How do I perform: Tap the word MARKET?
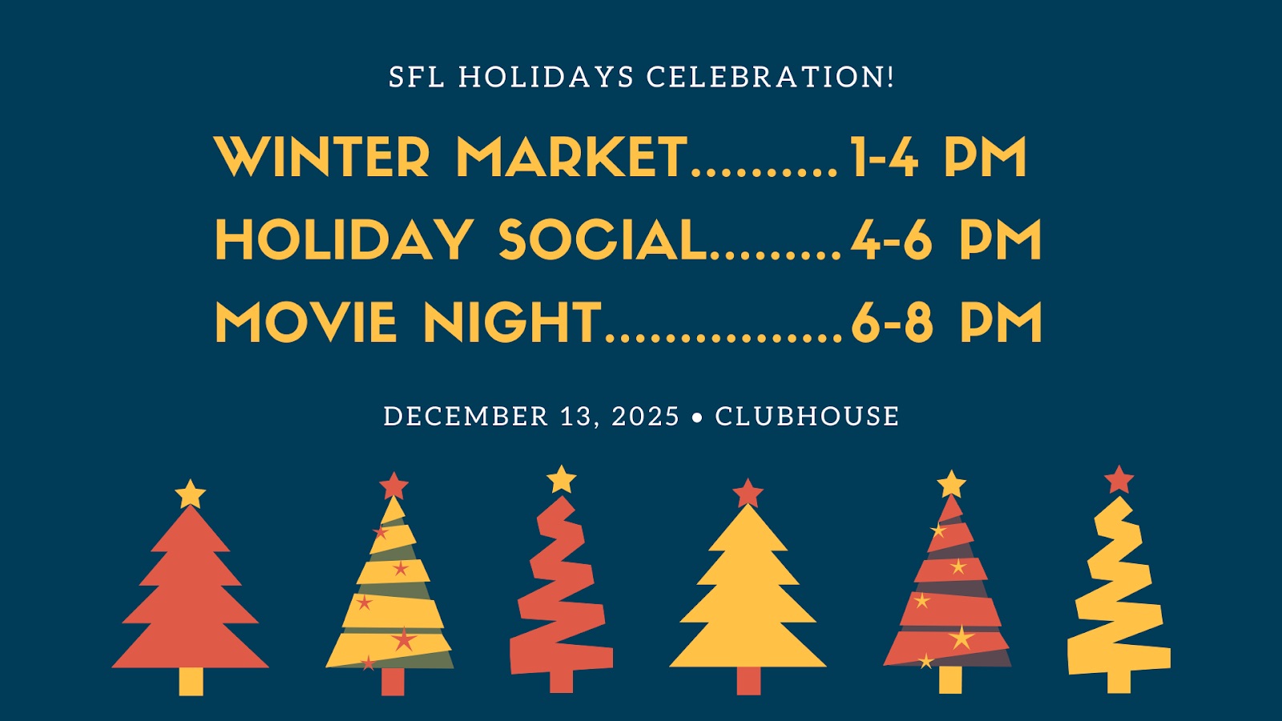(x=571, y=157)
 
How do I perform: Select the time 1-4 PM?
(x=938, y=157)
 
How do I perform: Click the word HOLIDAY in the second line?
(x=344, y=240)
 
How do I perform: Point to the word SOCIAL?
(x=602, y=240)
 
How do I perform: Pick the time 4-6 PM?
(x=946, y=240)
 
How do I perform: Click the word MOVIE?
(x=305, y=322)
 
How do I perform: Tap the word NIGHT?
(x=512, y=322)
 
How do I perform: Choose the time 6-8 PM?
(x=946, y=322)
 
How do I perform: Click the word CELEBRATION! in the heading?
(x=770, y=77)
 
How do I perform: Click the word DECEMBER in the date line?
(x=466, y=417)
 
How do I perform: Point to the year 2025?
(x=645, y=417)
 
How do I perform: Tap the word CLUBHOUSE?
(x=807, y=417)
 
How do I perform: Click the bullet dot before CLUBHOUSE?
(x=697, y=417)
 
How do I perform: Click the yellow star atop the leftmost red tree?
(x=191, y=494)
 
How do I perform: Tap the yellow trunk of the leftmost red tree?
(x=191, y=681)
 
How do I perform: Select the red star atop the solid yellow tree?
(x=748, y=493)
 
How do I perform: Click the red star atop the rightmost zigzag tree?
(x=1119, y=480)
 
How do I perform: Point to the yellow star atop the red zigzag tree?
(x=562, y=479)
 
